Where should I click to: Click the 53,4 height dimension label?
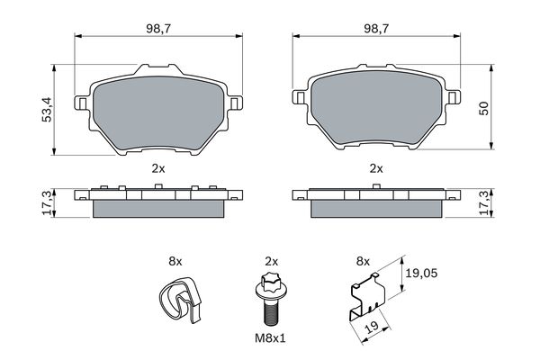point(47,110)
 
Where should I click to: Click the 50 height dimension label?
point(483,108)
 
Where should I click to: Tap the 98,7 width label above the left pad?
point(158,29)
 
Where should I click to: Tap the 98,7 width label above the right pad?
point(376,29)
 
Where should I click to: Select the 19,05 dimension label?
point(421,274)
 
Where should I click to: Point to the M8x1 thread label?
point(270,338)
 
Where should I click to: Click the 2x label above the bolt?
point(272,262)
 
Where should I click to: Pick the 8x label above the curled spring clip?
point(175,262)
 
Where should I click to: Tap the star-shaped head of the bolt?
point(269,281)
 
